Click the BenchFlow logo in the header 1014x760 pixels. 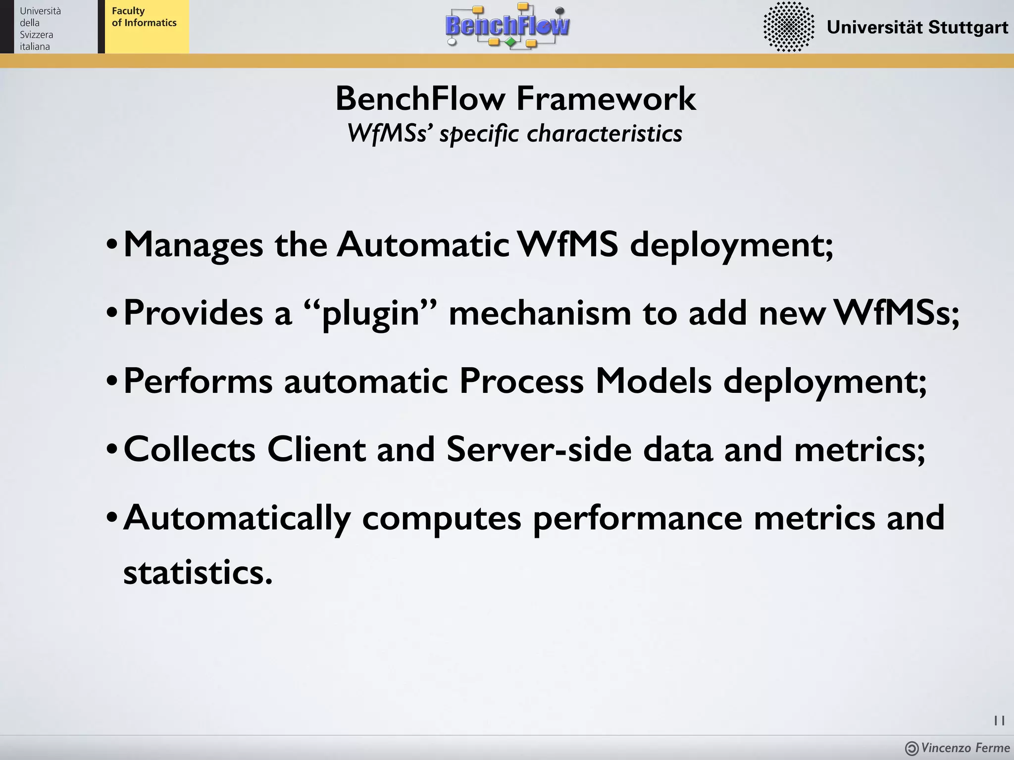pyautogui.click(x=507, y=26)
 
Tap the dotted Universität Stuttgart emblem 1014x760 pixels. pyautogui.click(x=789, y=27)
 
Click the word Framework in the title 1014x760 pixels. pyautogui.click(x=606, y=98)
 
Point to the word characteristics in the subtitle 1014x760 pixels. pyautogui.click(x=605, y=134)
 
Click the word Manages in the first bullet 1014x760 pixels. pyautogui.click(x=193, y=244)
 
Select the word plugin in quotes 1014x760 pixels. pyautogui.click(x=371, y=313)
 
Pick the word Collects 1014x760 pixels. pyautogui.click(x=190, y=449)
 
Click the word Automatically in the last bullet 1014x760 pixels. pyautogui.click(x=237, y=518)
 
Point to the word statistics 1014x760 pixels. pyautogui.click(x=198, y=572)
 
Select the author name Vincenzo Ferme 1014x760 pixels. pyautogui.click(x=965, y=748)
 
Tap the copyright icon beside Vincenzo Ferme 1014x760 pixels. pyautogui.click(x=912, y=748)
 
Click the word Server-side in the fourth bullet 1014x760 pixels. pyautogui.click(x=539, y=449)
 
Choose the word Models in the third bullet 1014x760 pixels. pyautogui.click(x=653, y=381)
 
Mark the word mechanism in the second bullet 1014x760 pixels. pyautogui.click(x=540, y=313)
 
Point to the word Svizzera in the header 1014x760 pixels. pyautogui.click(x=36, y=35)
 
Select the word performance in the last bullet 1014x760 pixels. pyautogui.click(x=637, y=518)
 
